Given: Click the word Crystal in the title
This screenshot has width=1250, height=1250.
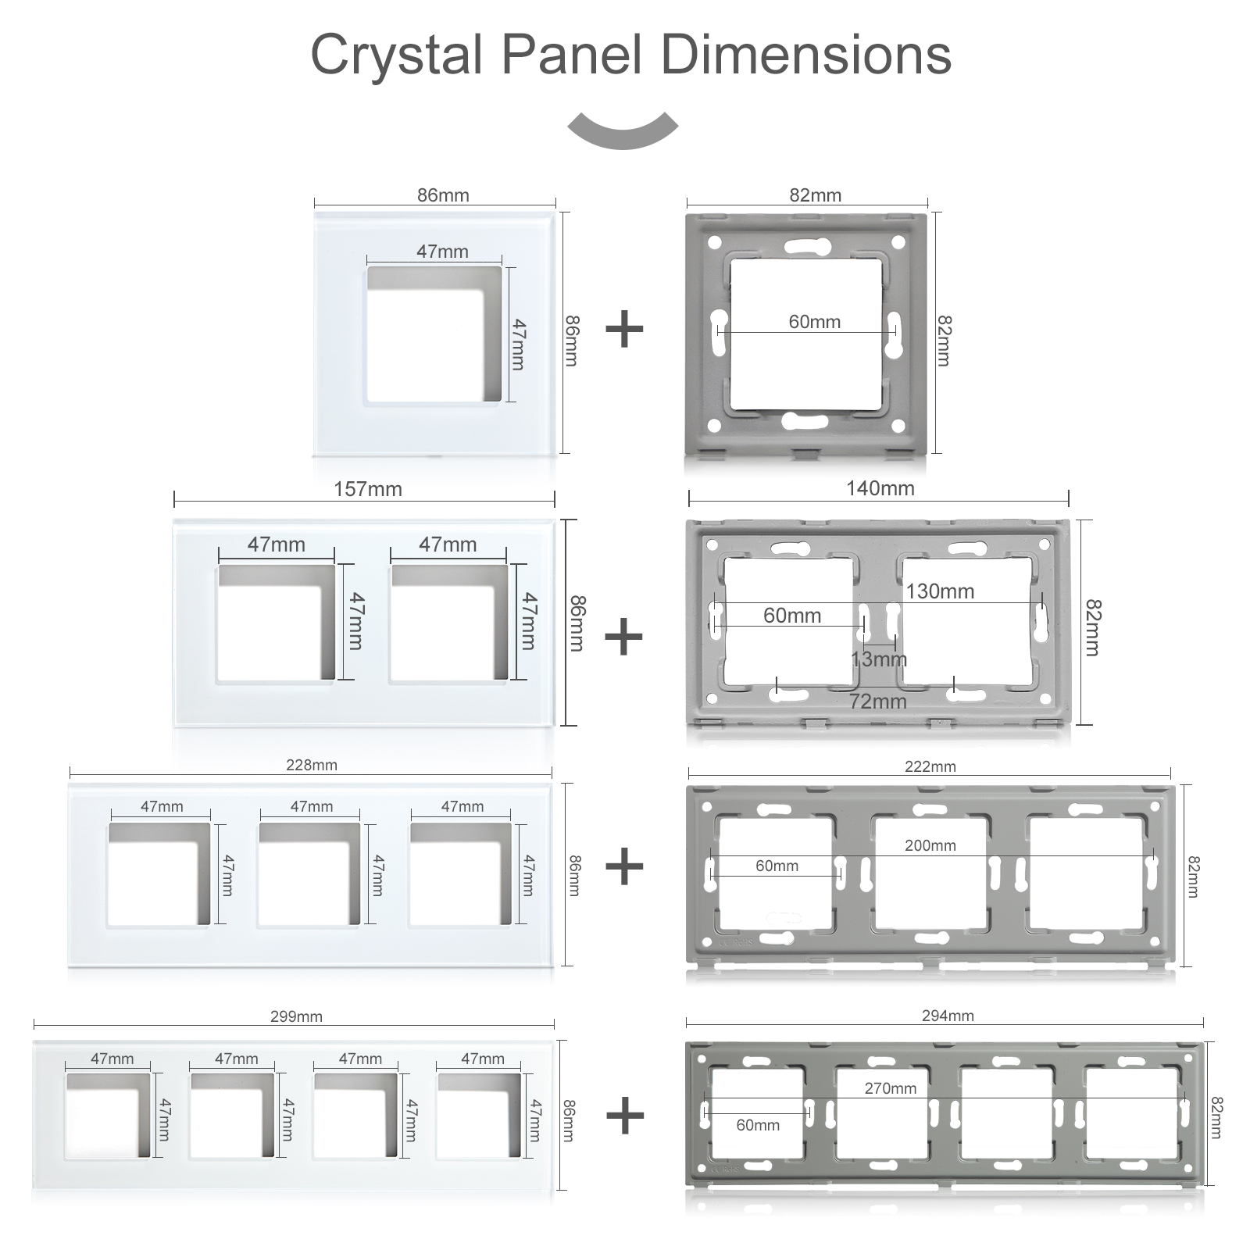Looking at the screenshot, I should coord(397,55).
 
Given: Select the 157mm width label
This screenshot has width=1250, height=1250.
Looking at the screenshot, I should coord(367,490).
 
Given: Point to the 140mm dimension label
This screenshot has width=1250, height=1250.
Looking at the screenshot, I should coord(880,489).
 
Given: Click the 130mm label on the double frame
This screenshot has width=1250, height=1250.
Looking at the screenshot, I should coord(940,591).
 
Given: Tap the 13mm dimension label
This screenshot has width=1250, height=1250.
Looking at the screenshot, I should coord(879,659).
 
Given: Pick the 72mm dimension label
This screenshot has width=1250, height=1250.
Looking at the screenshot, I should coord(878,702).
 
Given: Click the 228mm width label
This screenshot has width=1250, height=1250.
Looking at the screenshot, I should coord(311,766).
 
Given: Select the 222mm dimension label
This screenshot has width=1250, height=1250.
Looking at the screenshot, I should coord(930,767).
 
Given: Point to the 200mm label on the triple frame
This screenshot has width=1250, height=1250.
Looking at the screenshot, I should coord(930,846).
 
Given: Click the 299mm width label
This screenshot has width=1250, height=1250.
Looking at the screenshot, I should coord(296,1017).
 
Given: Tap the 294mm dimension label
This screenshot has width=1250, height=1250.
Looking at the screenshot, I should coord(947,1016).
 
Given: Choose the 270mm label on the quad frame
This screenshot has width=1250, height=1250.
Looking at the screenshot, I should coord(890,1089).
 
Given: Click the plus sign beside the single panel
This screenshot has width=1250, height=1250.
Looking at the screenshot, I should coord(624,329).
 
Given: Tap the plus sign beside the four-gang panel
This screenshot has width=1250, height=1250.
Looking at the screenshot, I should coord(625,1115).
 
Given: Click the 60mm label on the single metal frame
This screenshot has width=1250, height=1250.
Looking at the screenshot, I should coord(814,322).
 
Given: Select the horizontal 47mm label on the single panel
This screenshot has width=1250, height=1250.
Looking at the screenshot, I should coord(442,252).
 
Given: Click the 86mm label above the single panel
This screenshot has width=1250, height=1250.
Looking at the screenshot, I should coord(443,195).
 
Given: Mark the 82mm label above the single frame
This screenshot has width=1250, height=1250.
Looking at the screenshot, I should coord(815,195).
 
